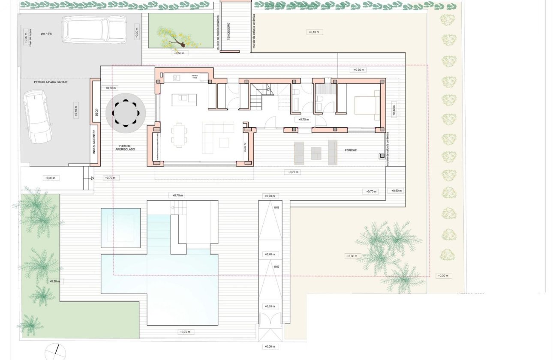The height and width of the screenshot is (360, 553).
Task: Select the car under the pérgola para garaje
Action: coord(37,116)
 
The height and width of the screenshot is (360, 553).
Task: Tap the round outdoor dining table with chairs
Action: coord(126,113)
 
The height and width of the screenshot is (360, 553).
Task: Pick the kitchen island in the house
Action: coord(184,100)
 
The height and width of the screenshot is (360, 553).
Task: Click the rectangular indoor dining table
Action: coord(179,135)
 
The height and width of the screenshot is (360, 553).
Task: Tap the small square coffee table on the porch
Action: coord(316,153)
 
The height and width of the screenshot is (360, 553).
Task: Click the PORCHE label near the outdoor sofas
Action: coord(351,150)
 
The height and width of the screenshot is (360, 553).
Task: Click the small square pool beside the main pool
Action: coord(121,228)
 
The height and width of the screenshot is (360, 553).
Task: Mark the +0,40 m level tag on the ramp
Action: coord(270,255)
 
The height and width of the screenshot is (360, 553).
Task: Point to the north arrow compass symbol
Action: coord(55,352)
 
